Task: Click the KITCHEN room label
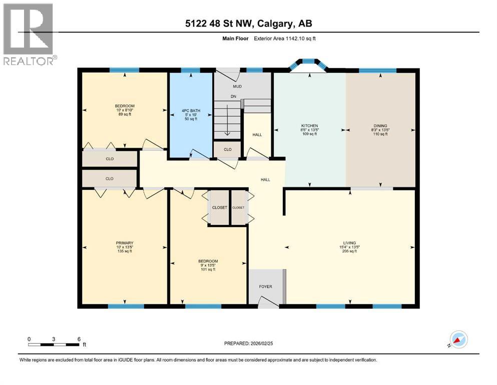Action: tap(309, 125)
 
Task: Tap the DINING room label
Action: tap(380, 126)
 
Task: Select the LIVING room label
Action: tap(349, 243)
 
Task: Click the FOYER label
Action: tap(265, 287)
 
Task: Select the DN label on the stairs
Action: tap(233, 97)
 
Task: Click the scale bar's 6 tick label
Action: tap(79, 338)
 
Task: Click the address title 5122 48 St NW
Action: tap(248, 24)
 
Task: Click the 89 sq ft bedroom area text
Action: tap(124, 115)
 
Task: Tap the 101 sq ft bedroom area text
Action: tap(208, 270)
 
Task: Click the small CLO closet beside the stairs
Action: tap(227, 149)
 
